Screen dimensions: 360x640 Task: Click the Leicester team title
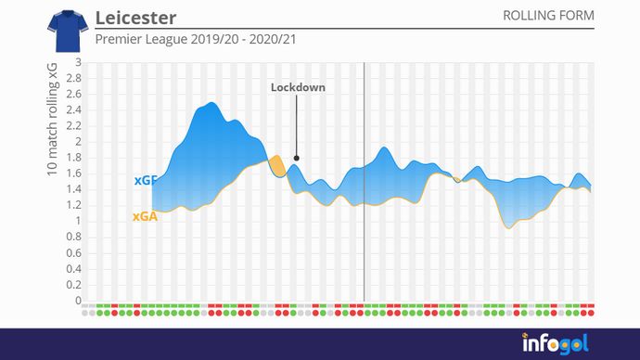click(135, 19)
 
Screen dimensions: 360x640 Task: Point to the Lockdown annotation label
click(298, 87)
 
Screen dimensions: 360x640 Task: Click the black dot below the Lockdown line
click(296, 158)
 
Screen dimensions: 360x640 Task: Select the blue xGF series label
click(144, 180)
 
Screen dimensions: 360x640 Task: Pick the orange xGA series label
click(144, 217)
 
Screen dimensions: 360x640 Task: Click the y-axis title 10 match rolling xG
click(52, 120)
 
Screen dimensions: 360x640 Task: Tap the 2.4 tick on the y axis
click(74, 110)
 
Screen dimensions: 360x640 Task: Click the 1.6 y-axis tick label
click(74, 174)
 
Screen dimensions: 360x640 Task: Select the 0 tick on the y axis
click(79, 301)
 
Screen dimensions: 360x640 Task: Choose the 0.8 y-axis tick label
click(74, 238)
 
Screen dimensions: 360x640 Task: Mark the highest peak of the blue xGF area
click(211, 103)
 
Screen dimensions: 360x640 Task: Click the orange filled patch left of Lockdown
click(275, 165)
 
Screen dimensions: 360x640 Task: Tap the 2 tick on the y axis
click(79, 142)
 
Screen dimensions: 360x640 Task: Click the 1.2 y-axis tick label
click(74, 205)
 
